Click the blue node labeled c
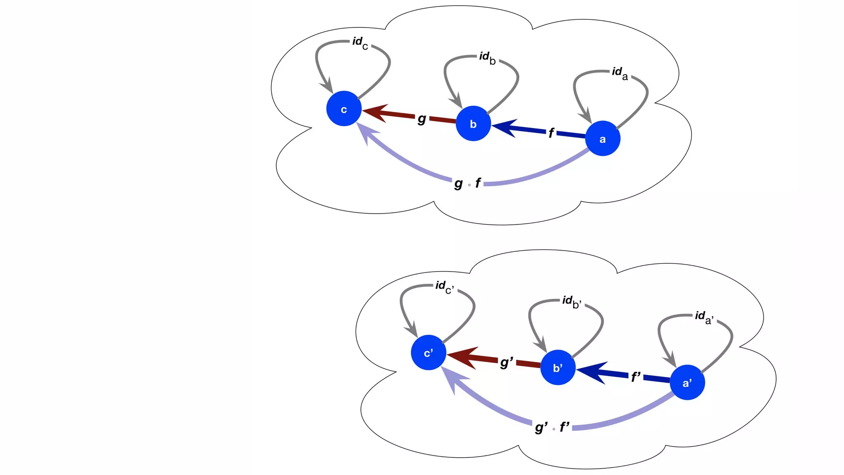pos(344,109)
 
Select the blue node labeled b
pos(473,124)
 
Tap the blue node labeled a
pos(603,139)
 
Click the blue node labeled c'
pos(428,353)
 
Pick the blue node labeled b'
pos(558,367)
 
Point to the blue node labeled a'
pos(687,383)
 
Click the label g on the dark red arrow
pos(422,119)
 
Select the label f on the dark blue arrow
pos(551,133)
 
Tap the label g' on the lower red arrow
pos(506,362)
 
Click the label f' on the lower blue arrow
pos(636,376)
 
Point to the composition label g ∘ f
pos(467,183)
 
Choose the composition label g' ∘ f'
pos(552,427)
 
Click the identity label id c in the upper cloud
pos(360,43)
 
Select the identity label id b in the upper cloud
pos(487,58)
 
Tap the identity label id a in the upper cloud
pos(619,73)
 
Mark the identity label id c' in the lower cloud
pos(444,287)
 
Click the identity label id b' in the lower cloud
pos(572,302)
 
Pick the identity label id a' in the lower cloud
pos(704,317)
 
